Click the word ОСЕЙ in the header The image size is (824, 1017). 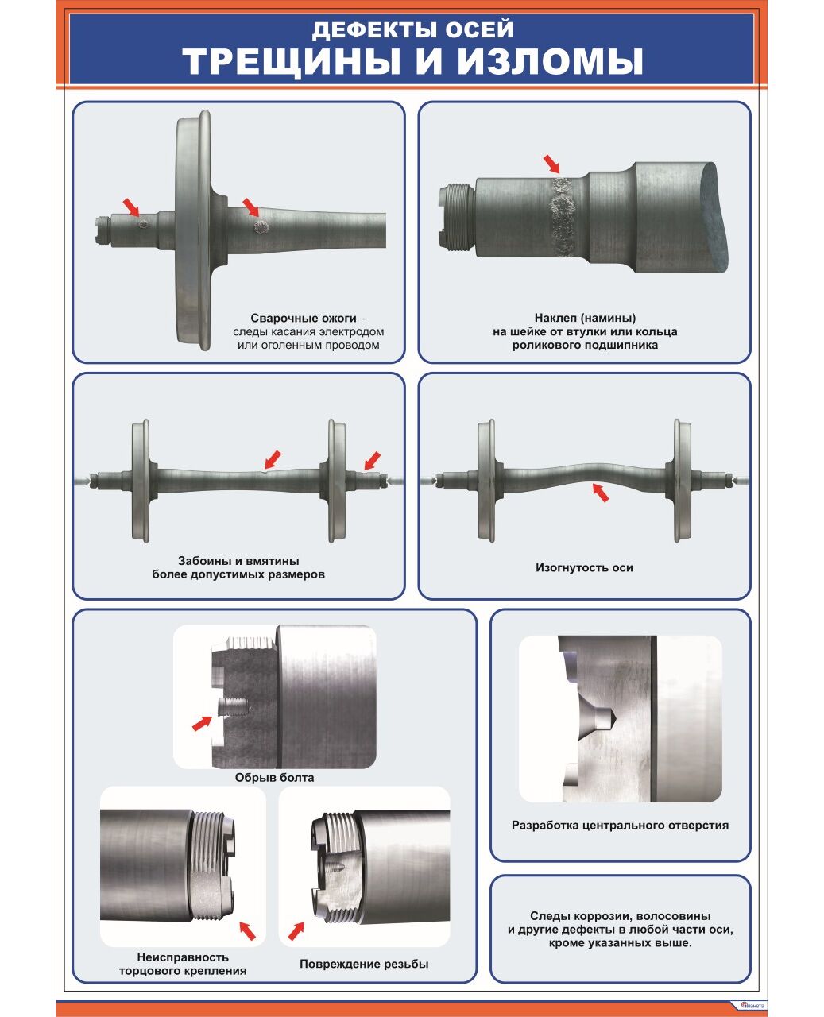pos(479,29)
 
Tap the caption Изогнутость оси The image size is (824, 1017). pos(584,568)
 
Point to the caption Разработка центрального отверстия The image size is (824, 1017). pos(620,826)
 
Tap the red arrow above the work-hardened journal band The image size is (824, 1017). pos(551,164)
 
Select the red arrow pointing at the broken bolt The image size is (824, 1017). pos(202,723)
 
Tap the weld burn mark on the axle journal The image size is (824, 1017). pos(142,223)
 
